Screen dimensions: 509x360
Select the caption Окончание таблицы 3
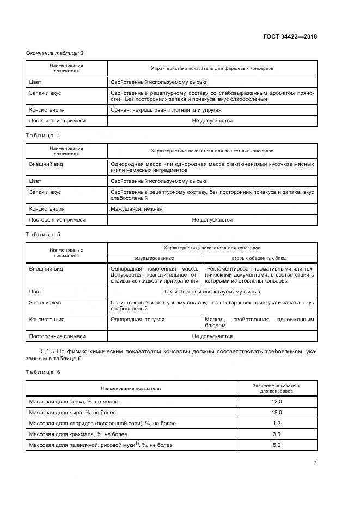pyautogui.click(x=55, y=53)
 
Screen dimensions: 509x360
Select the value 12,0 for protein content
pyautogui.click(x=276, y=401)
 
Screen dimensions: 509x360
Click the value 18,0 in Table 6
pyautogui.click(x=276, y=412)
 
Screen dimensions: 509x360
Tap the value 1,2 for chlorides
pyautogui.click(x=276, y=423)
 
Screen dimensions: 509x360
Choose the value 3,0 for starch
pyautogui.click(x=276, y=434)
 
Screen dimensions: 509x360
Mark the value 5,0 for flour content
pyautogui.click(x=276, y=445)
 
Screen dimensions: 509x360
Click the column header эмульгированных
pyautogui.click(x=155, y=257)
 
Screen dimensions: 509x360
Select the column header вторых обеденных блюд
pyautogui.click(x=259, y=257)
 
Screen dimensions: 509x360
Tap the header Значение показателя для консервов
pyautogui.click(x=276, y=388)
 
